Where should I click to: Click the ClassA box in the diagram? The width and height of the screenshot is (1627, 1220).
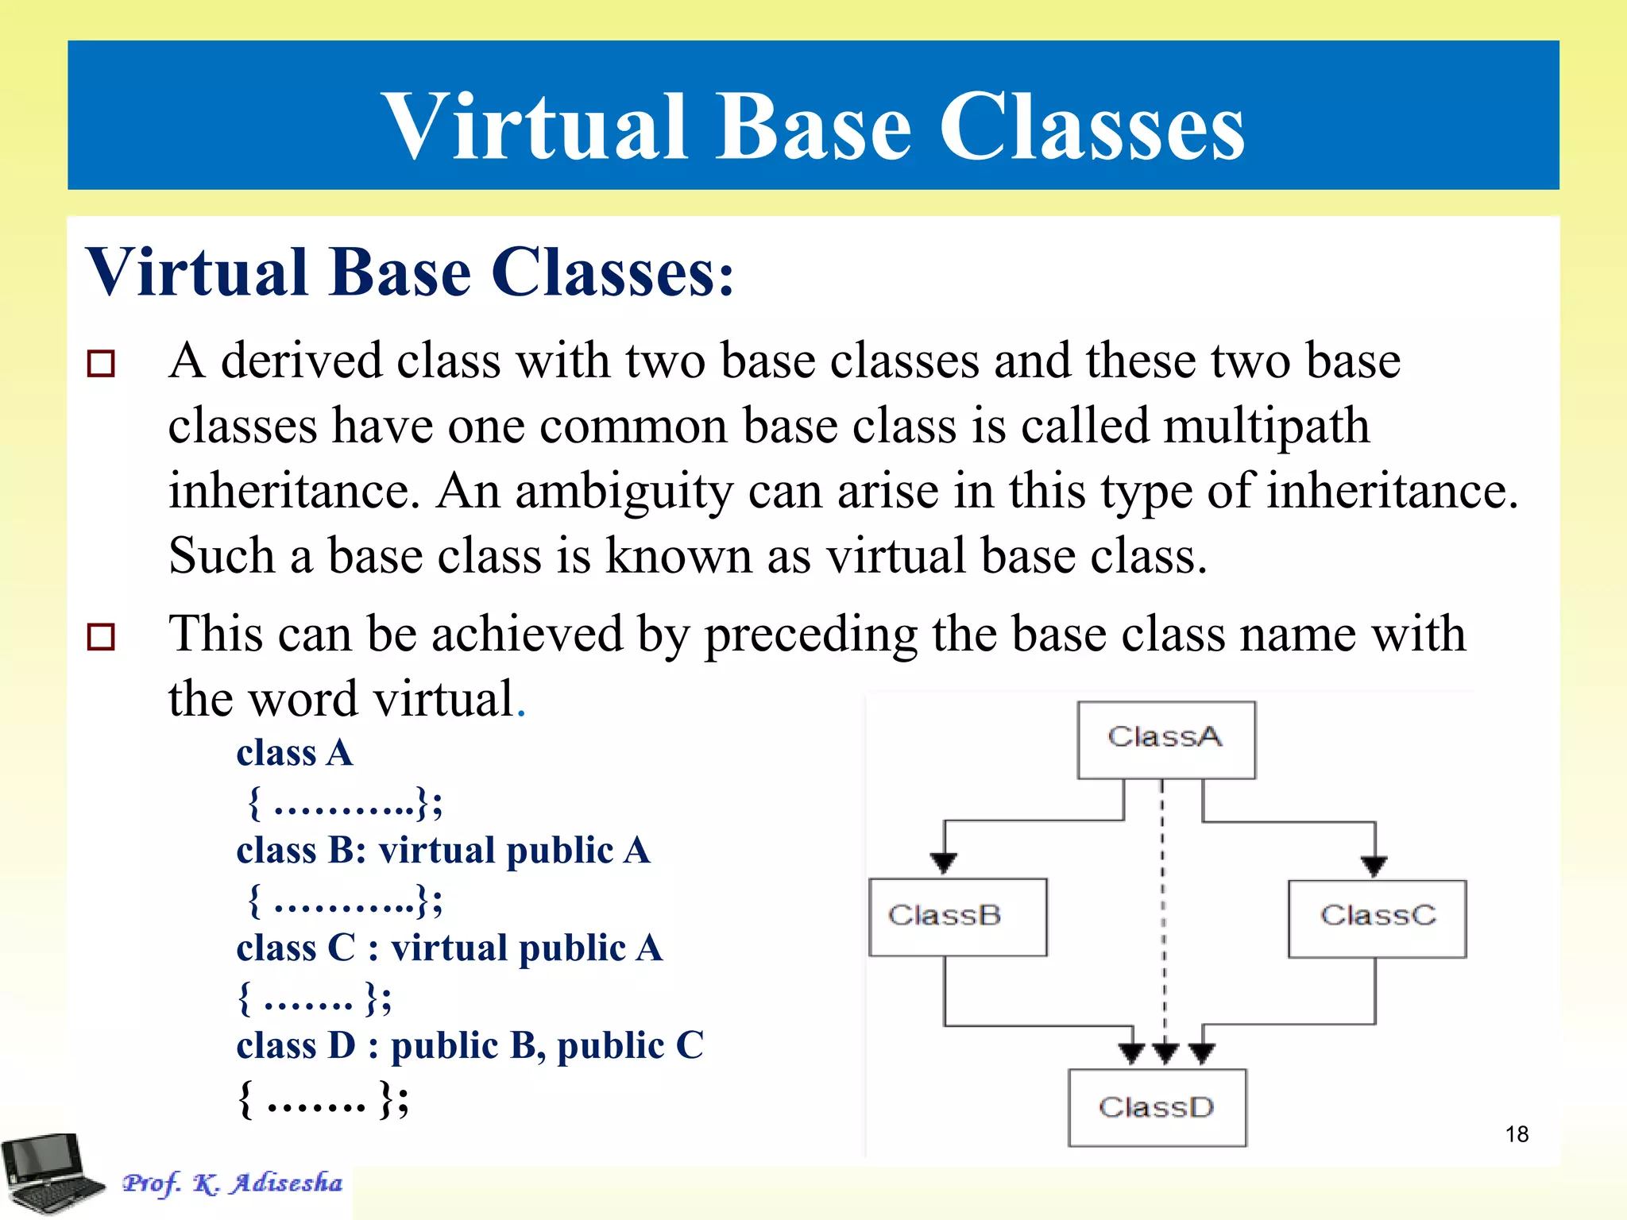tap(1165, 739)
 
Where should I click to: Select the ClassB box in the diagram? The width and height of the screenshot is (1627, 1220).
tap(957, 917)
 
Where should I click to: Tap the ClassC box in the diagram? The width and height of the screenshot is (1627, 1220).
tap(1377, 918)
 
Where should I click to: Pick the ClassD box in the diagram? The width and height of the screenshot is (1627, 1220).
tap(1157, 1107)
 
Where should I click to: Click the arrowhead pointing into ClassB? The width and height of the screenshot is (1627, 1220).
tap(944, 863)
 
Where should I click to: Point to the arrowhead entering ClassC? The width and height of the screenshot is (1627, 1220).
tap(1374, 866)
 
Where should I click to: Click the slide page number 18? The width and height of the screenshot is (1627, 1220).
tap(1517, 1134)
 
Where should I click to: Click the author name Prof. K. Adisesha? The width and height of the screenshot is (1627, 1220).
tap(232, 1183)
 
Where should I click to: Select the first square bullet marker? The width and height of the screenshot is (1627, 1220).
tap(101, 364)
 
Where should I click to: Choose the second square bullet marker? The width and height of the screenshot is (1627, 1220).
tap(101, 637)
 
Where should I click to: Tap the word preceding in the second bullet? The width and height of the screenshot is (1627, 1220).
tap(810, 635)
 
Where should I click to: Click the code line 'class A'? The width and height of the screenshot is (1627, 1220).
tap(294, 753)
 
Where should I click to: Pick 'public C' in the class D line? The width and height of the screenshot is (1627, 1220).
tap(630, 1046)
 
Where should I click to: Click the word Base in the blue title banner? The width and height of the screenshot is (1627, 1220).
tap(813, 127)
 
